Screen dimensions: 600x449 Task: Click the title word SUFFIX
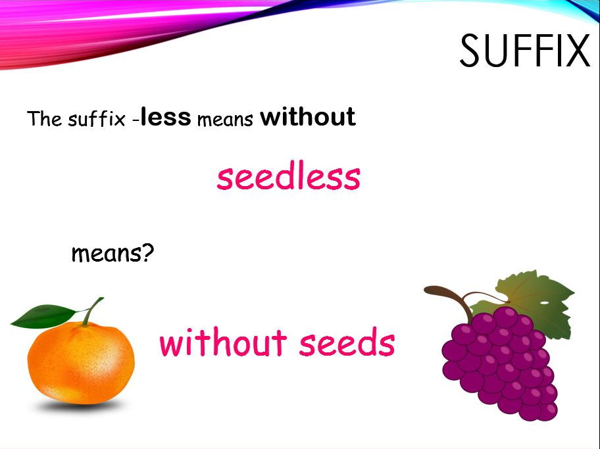click(x=524, y=51)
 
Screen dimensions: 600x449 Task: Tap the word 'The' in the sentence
click(x=44, y=118)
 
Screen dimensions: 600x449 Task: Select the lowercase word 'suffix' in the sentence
click(x=97, y=118)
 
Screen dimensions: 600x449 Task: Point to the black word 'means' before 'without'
click(x=225, y=120)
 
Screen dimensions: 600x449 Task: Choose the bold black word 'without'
click(x=308, y=116)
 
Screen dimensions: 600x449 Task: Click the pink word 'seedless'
click(x=289, y=176)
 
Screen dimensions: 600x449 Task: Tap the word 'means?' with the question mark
click(x=113, y=253)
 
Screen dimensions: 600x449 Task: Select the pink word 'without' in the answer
click(x=223, y=342)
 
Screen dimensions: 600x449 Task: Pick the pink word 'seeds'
click(x=347, y=342)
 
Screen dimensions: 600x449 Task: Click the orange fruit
click(x=81, y=363)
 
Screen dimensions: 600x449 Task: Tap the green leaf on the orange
click(x=44, y=316)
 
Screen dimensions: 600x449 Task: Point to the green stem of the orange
click(x=93, y=310)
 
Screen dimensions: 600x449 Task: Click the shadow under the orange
click(x=80, y=406)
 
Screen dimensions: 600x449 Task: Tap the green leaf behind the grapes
click(x=536, y=302)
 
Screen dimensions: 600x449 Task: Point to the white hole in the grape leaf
click(x=544, y=303)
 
